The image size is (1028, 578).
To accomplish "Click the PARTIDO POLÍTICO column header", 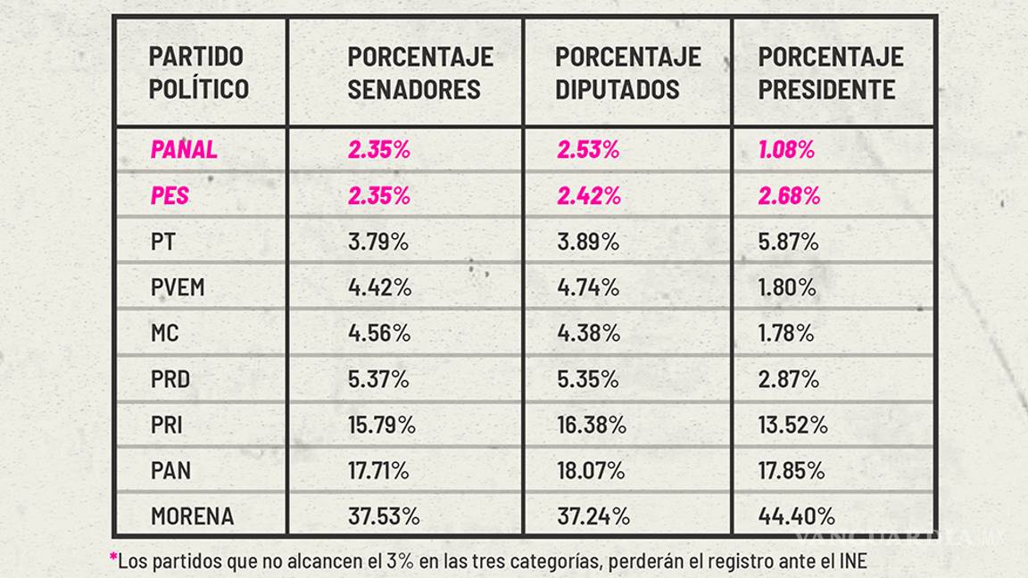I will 198,72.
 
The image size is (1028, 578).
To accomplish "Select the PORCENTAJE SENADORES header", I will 420,72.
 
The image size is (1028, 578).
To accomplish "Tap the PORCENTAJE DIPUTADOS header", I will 628,72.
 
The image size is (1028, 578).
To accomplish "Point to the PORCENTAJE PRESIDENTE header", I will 831,72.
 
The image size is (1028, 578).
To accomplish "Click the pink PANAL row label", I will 184,149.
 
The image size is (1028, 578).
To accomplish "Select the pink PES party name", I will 170,195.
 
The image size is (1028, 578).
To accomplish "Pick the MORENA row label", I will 193,516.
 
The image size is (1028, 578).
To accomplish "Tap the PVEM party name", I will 178,287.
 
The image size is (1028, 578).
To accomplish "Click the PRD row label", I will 170,379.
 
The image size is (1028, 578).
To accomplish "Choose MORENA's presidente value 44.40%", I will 797,516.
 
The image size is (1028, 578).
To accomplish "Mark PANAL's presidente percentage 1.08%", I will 786,149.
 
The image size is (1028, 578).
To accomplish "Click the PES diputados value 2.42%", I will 587,195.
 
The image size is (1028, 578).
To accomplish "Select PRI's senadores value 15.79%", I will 382,425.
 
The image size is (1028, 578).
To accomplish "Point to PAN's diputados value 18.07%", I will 590,470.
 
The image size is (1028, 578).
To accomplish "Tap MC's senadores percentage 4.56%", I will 379,334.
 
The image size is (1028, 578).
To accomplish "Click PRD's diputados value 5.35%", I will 587,379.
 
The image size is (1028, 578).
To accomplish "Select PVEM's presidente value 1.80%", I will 787,287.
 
